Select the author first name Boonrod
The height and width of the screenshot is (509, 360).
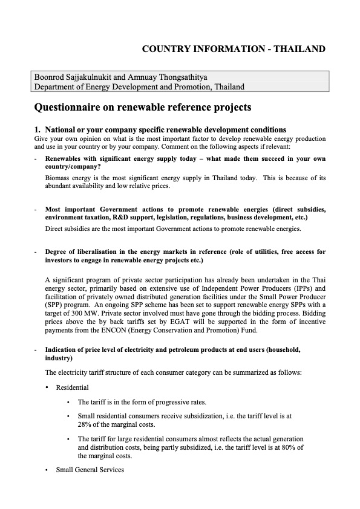pos(50,77)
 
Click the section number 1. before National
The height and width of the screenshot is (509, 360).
pos(38,129)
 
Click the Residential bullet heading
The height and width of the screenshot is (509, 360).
pos(72,387)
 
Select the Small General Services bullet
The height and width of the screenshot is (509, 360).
pos(90,469)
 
